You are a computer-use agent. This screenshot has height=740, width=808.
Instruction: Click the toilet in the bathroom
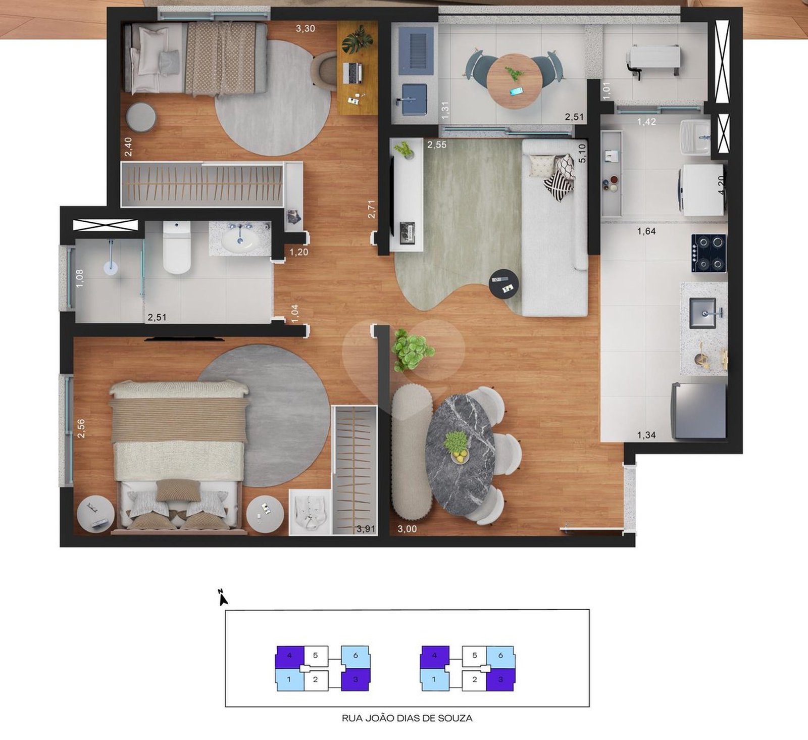tap(177, 248)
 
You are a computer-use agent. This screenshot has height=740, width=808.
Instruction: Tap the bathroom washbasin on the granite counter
tap(240, 241)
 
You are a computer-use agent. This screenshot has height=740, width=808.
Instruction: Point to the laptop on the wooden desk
tap(353, 73)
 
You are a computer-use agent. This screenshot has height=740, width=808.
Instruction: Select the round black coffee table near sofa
tap(503, 284)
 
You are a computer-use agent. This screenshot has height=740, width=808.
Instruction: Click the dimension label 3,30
tap(306, 28)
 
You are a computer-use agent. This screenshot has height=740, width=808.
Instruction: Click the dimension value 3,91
tap(366, 529)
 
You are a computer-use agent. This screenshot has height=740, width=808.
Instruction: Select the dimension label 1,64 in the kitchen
tap(646, 231)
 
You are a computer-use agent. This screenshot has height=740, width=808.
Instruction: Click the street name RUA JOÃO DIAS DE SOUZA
tap(407, 718)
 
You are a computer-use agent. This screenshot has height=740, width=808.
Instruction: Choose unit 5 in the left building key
tap(316, 656)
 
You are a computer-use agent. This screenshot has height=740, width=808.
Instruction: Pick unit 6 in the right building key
tap(500, 656)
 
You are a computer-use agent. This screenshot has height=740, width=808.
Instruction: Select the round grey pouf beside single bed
tap(141, 118)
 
